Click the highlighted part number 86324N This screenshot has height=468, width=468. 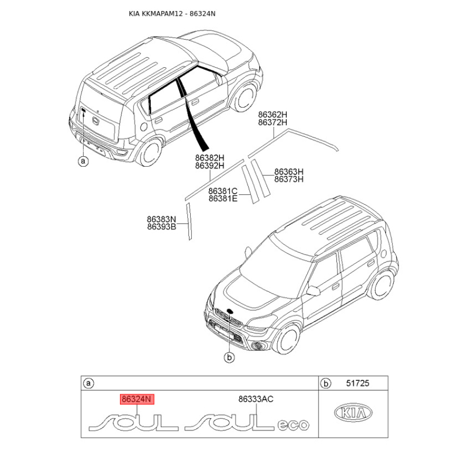pos(136,400)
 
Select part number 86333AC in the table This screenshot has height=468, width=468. pos(256,400)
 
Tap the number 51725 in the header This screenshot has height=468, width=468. pos(357,384)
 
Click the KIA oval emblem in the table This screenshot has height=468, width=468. pos(352,413)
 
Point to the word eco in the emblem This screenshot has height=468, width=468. pos(292,425)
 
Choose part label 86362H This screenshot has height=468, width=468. pos(273,115)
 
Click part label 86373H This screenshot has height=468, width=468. pos(289,179)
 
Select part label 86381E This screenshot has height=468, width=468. pos(223,199)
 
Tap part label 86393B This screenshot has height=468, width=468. pos(161,227)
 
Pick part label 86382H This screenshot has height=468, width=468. pos(210,158)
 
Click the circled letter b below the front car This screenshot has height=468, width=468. pos(229,356)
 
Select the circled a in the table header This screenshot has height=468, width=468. pos(89,384)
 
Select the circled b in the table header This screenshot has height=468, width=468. pos(326,384)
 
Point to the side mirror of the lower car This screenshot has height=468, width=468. pos(313,290)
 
